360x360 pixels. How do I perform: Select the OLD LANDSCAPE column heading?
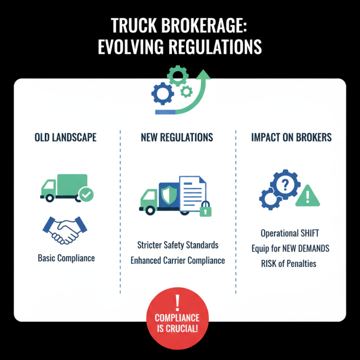(x=65, y=137)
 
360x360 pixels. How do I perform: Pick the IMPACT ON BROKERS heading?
(x=291, y=137)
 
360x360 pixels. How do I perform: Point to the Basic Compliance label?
(x=66, y=258)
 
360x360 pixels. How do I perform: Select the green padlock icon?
(x=205, y=209)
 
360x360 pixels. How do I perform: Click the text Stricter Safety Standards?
(x=178, y=245)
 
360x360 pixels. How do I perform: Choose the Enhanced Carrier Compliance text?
(x=178, y=261)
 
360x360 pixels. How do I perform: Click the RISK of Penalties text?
(x=288, y=263)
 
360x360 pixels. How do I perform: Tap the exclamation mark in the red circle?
(x=177, y=302)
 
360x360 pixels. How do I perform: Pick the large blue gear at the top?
(x=162, y=94)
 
